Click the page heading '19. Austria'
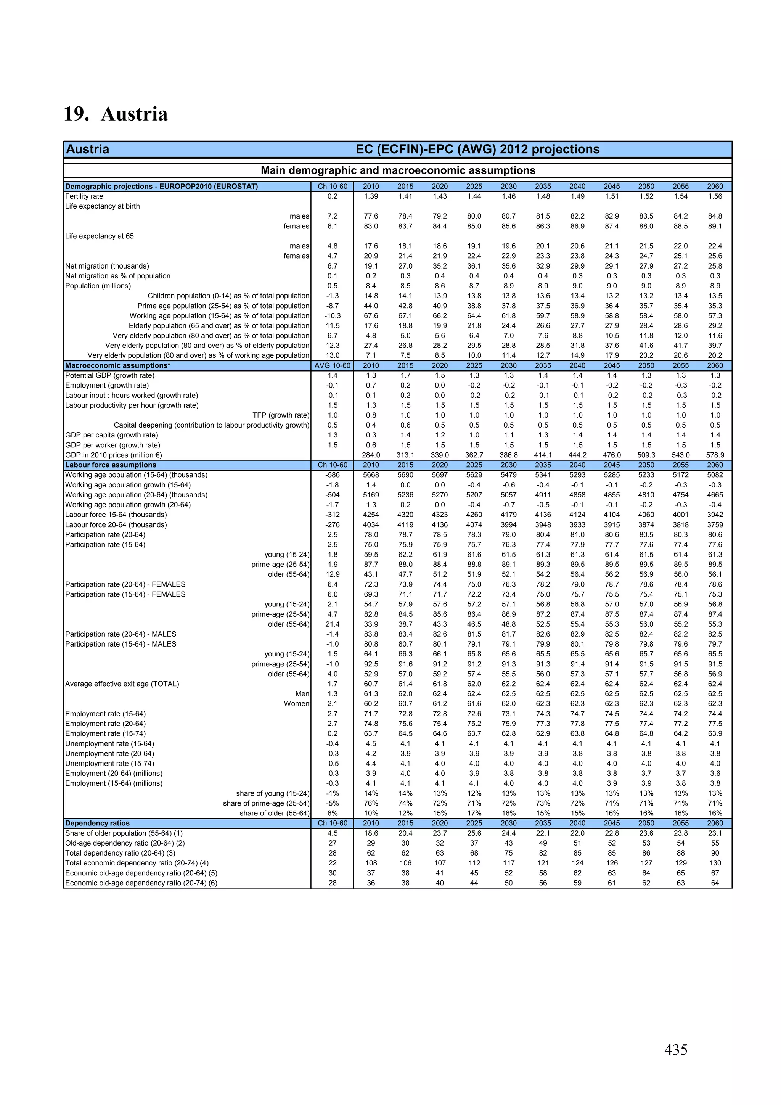[x=116, y=114]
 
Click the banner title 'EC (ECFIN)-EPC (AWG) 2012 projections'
[x=477, y=149]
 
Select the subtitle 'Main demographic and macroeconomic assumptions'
[x=397, y=170]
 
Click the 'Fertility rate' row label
[x=84, y=196]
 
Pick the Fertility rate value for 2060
[x=715, y=196]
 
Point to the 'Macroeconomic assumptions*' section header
[x=118, y=365]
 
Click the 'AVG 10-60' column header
[x=332, y=365]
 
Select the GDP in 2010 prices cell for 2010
[x=371, y=455]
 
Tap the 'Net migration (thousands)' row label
[x=107, y=266]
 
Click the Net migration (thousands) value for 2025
[x=474, y=266]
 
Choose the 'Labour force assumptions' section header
[x=111, y=465]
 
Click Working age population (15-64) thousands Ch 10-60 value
[x=332, y=475]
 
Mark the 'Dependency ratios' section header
[x=97, y=823]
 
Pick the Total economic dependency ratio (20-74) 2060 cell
[x=715, y=863]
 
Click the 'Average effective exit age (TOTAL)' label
[x=122, y=684]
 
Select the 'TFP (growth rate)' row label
[x=281, y=415]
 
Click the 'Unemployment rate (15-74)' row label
[x=110, y=763]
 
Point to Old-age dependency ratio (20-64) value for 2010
[x=371, y=843]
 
